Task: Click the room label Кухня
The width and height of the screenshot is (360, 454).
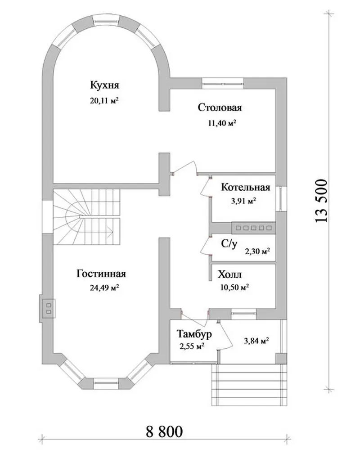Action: (104, 85)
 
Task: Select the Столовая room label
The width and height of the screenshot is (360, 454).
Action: (220, 108)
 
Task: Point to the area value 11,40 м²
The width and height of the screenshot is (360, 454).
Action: (221, 123)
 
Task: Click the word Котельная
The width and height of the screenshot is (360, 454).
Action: (246, 187)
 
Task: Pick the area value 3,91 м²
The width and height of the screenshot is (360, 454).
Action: (243, 201)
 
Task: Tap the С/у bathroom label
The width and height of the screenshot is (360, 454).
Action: (229, 244)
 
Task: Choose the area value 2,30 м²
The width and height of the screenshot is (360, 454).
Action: (257, 251)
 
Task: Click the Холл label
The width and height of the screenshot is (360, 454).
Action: (229, 274)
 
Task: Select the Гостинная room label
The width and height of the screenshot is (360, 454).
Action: (101, 274)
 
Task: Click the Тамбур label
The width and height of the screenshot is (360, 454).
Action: (194, 334)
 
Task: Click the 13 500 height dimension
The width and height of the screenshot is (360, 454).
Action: (321, 202)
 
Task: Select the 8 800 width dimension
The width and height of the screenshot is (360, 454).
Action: (165, 432)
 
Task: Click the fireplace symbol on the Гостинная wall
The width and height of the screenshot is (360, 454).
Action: (47, 308)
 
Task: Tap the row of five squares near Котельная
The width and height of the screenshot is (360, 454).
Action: (254, 228)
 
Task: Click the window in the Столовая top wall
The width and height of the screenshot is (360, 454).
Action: (223, 83)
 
